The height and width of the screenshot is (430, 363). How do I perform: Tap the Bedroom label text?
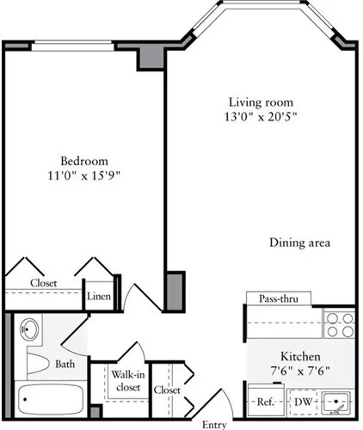[x=83, y=161]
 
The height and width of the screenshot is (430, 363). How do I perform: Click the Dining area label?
[x=298, y=243]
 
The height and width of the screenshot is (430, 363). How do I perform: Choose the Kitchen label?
[x=300, y=355]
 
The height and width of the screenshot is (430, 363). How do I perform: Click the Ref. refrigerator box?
[x=265, y=402]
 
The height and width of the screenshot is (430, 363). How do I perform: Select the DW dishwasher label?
[x=302, y=402]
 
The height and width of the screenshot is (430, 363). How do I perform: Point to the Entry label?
[x=213, y=424]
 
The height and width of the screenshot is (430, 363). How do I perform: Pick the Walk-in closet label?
[x=126, y=379]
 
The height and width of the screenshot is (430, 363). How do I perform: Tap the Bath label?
[x=65, y=364]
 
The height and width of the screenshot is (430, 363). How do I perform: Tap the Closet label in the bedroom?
[x=43, y=282]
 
